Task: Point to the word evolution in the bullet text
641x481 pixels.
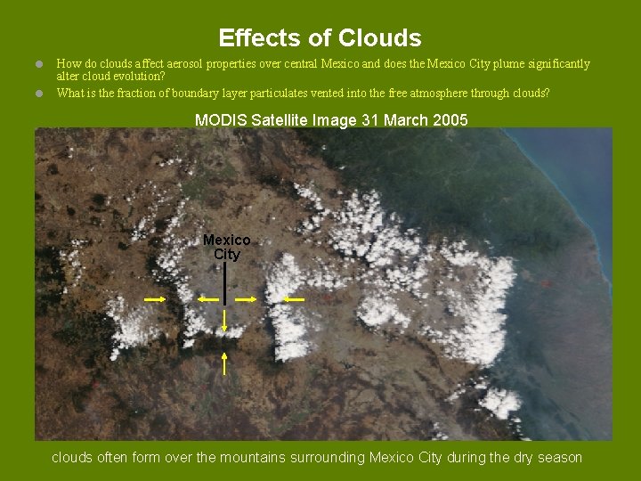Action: click(x=137, y=76)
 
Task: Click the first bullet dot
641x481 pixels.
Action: click(x=39, y=64)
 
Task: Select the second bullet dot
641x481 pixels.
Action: click(x=39, y=92)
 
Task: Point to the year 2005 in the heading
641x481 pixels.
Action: click(x=450, y=120)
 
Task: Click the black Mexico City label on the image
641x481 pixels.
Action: click(x=226, y=247)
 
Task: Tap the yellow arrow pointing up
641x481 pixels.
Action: click(x=224, y=363)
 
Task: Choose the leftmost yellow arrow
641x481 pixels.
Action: click(x=155, y=300)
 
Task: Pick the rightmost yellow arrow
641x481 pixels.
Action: click(x=293, y=300)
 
